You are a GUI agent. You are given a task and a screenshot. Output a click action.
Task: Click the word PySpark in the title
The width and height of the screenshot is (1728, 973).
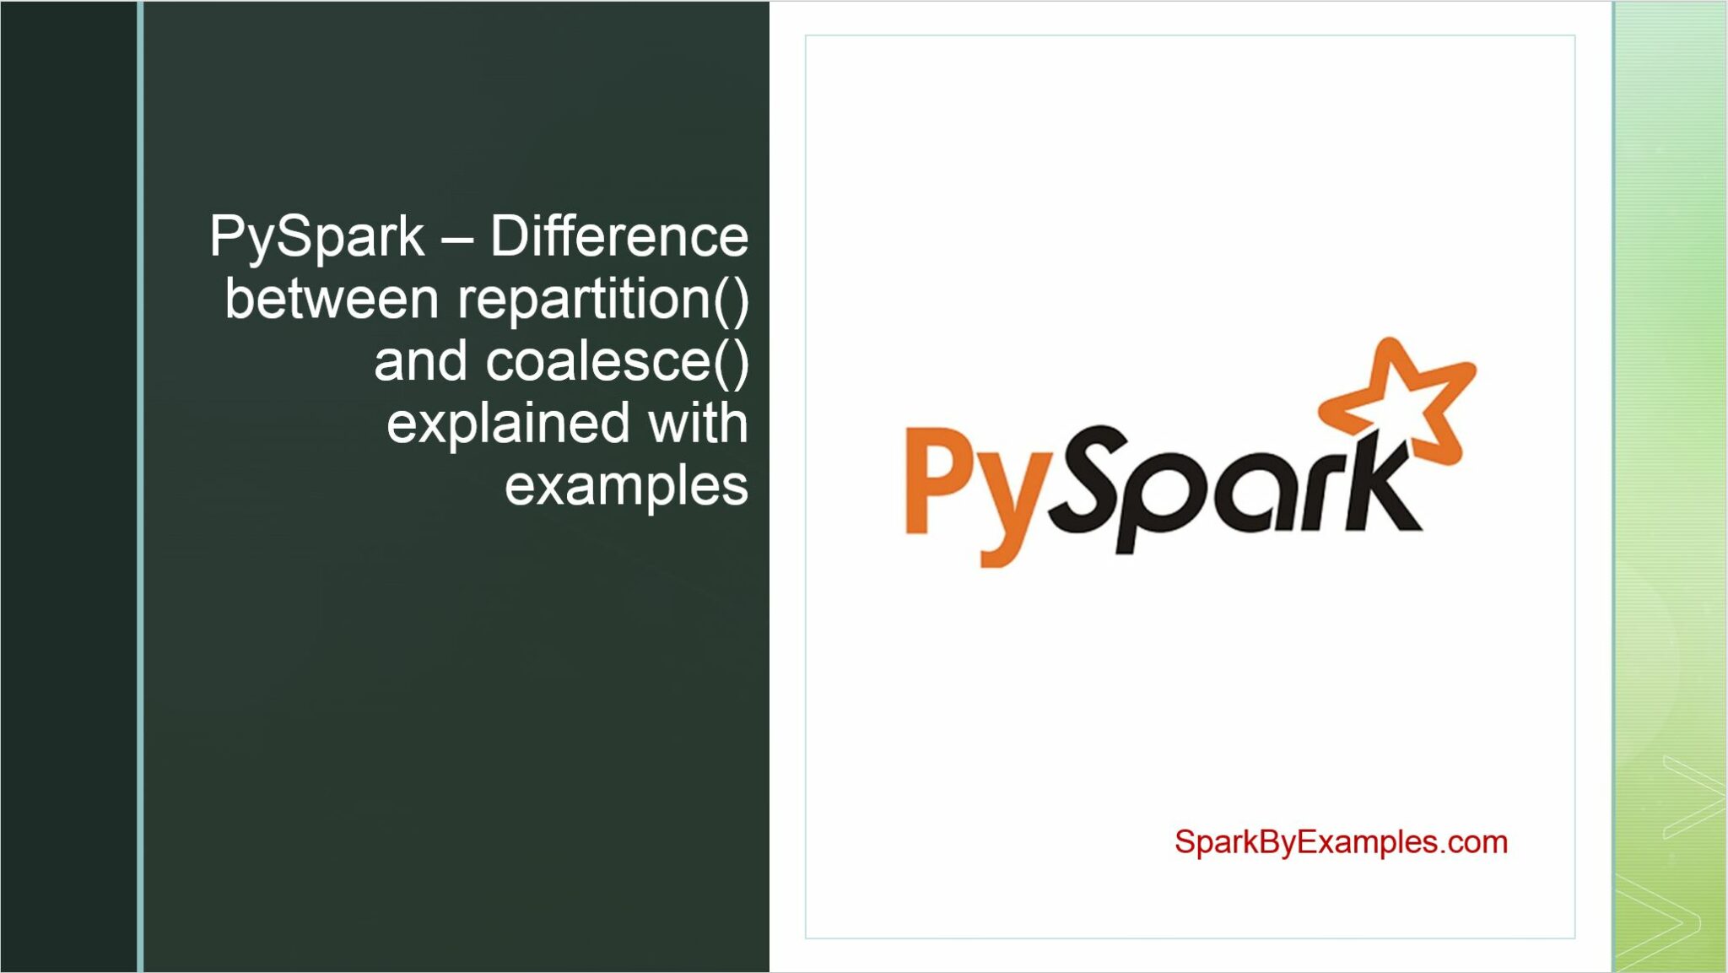[x=316, y=236]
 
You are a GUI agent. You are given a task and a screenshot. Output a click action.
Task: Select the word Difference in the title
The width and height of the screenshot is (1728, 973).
[x=618, y=236]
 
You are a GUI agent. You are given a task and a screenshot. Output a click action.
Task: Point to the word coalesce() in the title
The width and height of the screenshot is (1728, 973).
[x=617, y=361]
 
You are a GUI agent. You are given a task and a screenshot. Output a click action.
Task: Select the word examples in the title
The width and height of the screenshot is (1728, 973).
[x=626, y=486]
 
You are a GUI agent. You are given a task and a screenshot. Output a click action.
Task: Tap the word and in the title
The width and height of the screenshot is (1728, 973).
[x=420, y=361]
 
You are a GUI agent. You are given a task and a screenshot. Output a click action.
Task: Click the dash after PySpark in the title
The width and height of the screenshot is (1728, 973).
[x=456, y=238]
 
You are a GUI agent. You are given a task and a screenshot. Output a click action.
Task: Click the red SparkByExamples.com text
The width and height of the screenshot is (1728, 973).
[x=1341, y=842]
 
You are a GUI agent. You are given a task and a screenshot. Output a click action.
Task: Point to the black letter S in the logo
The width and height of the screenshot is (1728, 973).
[x=1088, y=477]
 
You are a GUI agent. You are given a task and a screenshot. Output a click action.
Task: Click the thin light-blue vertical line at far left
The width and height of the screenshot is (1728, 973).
[x=140, y=486]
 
